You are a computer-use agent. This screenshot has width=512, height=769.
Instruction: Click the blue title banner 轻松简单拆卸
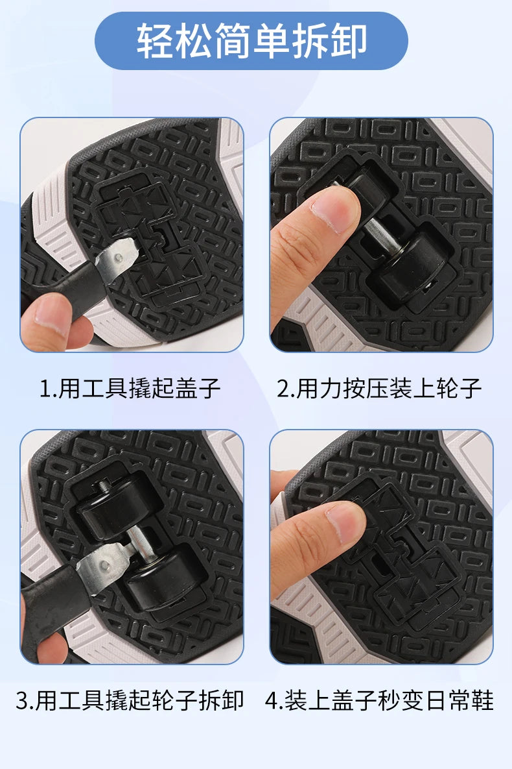coord(251,41)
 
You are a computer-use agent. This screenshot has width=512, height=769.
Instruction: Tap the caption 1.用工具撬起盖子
coord(130,389)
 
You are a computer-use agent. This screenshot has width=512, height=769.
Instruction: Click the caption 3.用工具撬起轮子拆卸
coord(130,700)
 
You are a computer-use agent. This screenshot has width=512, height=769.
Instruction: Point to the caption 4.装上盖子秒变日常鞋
coord(379,700)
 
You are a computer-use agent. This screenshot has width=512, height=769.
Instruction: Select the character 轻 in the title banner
coord(156,41)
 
